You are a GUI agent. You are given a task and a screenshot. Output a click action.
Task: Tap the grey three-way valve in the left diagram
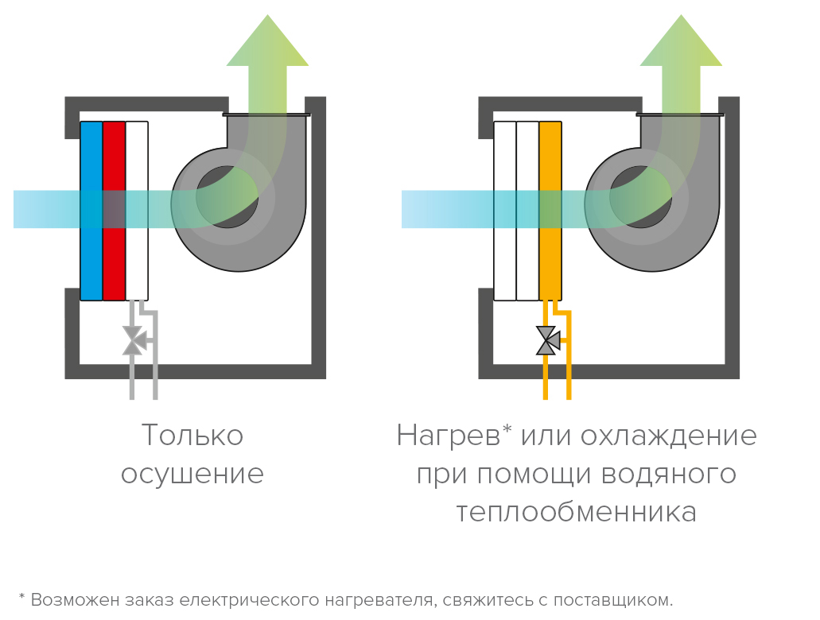133,340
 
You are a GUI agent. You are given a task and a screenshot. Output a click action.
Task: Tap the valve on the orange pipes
547,340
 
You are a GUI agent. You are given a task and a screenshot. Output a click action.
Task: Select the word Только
192,436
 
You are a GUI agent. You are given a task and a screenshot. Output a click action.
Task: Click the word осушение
192,474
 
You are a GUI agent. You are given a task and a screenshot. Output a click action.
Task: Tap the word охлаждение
668,436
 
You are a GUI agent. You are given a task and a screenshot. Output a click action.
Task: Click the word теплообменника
576,512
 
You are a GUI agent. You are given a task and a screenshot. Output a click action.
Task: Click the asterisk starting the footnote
22,596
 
